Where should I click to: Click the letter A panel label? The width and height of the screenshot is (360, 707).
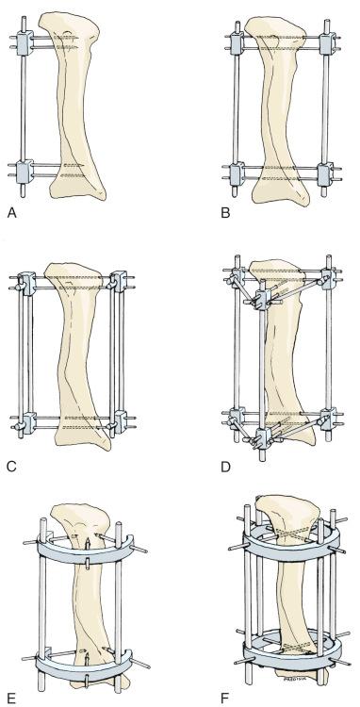(11, 214)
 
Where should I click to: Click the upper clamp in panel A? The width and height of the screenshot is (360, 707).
(25, 42)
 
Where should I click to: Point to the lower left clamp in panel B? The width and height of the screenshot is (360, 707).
(237, 174)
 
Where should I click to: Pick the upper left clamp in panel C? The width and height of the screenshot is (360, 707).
(25, 283)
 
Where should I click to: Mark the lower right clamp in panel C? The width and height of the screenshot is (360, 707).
(117, 420)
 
